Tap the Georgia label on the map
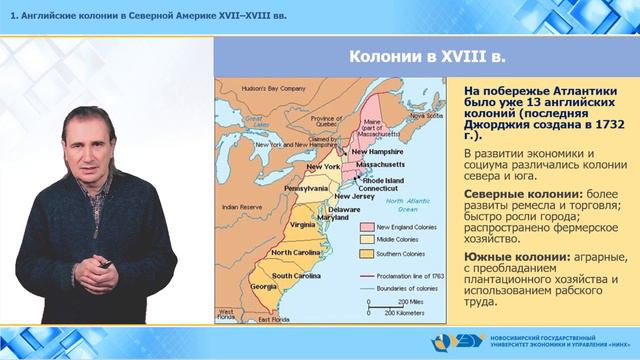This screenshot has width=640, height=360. tap(264, 286)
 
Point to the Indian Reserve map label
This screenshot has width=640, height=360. tap(242, 207)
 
